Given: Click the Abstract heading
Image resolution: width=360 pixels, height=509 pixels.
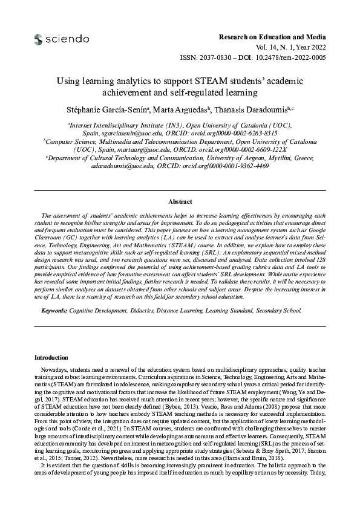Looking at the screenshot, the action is pos(180,202).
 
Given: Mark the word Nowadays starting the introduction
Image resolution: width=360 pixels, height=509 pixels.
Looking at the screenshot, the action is pos(53,368).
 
